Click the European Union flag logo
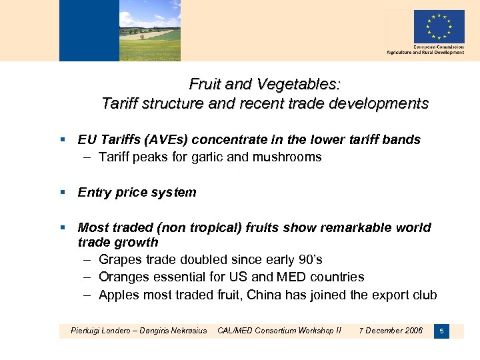438,27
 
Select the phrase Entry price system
137,193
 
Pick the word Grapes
120,259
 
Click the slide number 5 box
441,331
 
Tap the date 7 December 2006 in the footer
391,331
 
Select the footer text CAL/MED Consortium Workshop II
279,331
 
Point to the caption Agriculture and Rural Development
425,53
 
